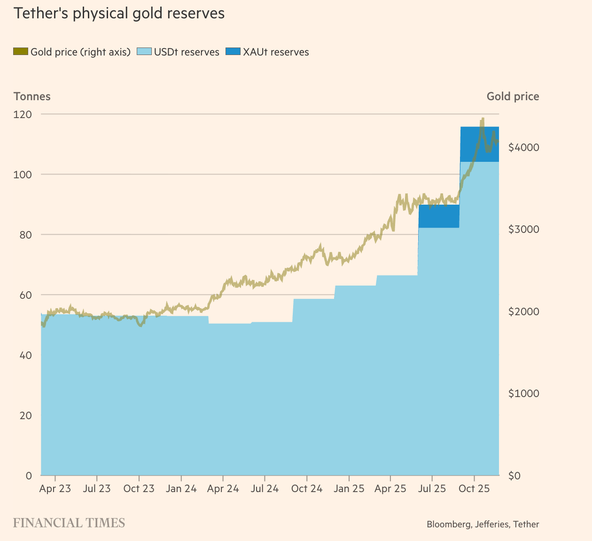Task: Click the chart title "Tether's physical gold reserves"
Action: [x=119, y=14]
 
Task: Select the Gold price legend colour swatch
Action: [x=21, y=52]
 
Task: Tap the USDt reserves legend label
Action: [x=187, y=52]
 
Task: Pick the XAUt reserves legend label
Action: [x=276, y=52]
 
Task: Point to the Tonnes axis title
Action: [x=32, y=96]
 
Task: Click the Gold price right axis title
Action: [x=513, y=96]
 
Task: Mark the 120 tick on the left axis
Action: [x=23, y=114]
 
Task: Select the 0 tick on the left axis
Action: [x=29, y=476]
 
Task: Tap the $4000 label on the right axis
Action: [x=523, y=147]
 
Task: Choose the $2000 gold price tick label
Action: [x=523, y=311]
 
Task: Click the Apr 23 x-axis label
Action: [x=55, y=489]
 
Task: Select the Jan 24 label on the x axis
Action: [x=181, y=489]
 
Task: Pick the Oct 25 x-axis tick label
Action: [x=474, y=489]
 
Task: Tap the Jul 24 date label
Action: [x=265, y=489]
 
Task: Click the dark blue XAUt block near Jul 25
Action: [x=438, y=216]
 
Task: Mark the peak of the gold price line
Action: [x=482, y=119]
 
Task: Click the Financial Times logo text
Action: [x=69, y=523]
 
